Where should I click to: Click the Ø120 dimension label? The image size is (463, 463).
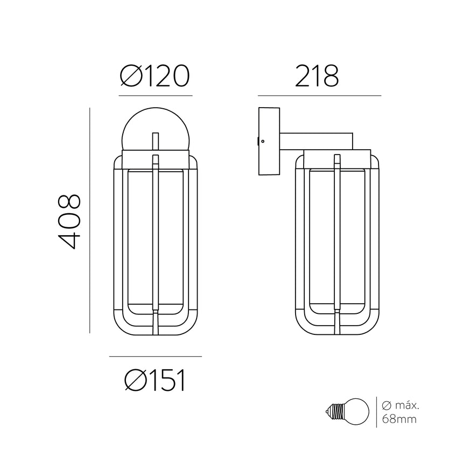click(x=155, y=76)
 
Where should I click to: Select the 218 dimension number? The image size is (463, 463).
click(x=317, y=76)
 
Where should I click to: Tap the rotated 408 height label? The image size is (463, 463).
click(x=69, y=221)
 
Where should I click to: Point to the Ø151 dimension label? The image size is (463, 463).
click(x=155, y=380)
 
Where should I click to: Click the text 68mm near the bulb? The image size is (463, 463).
click(x=399, y=419)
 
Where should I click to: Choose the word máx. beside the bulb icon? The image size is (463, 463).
click(x=407, y=405)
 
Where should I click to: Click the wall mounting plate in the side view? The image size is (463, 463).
click(x=269, y=141)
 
